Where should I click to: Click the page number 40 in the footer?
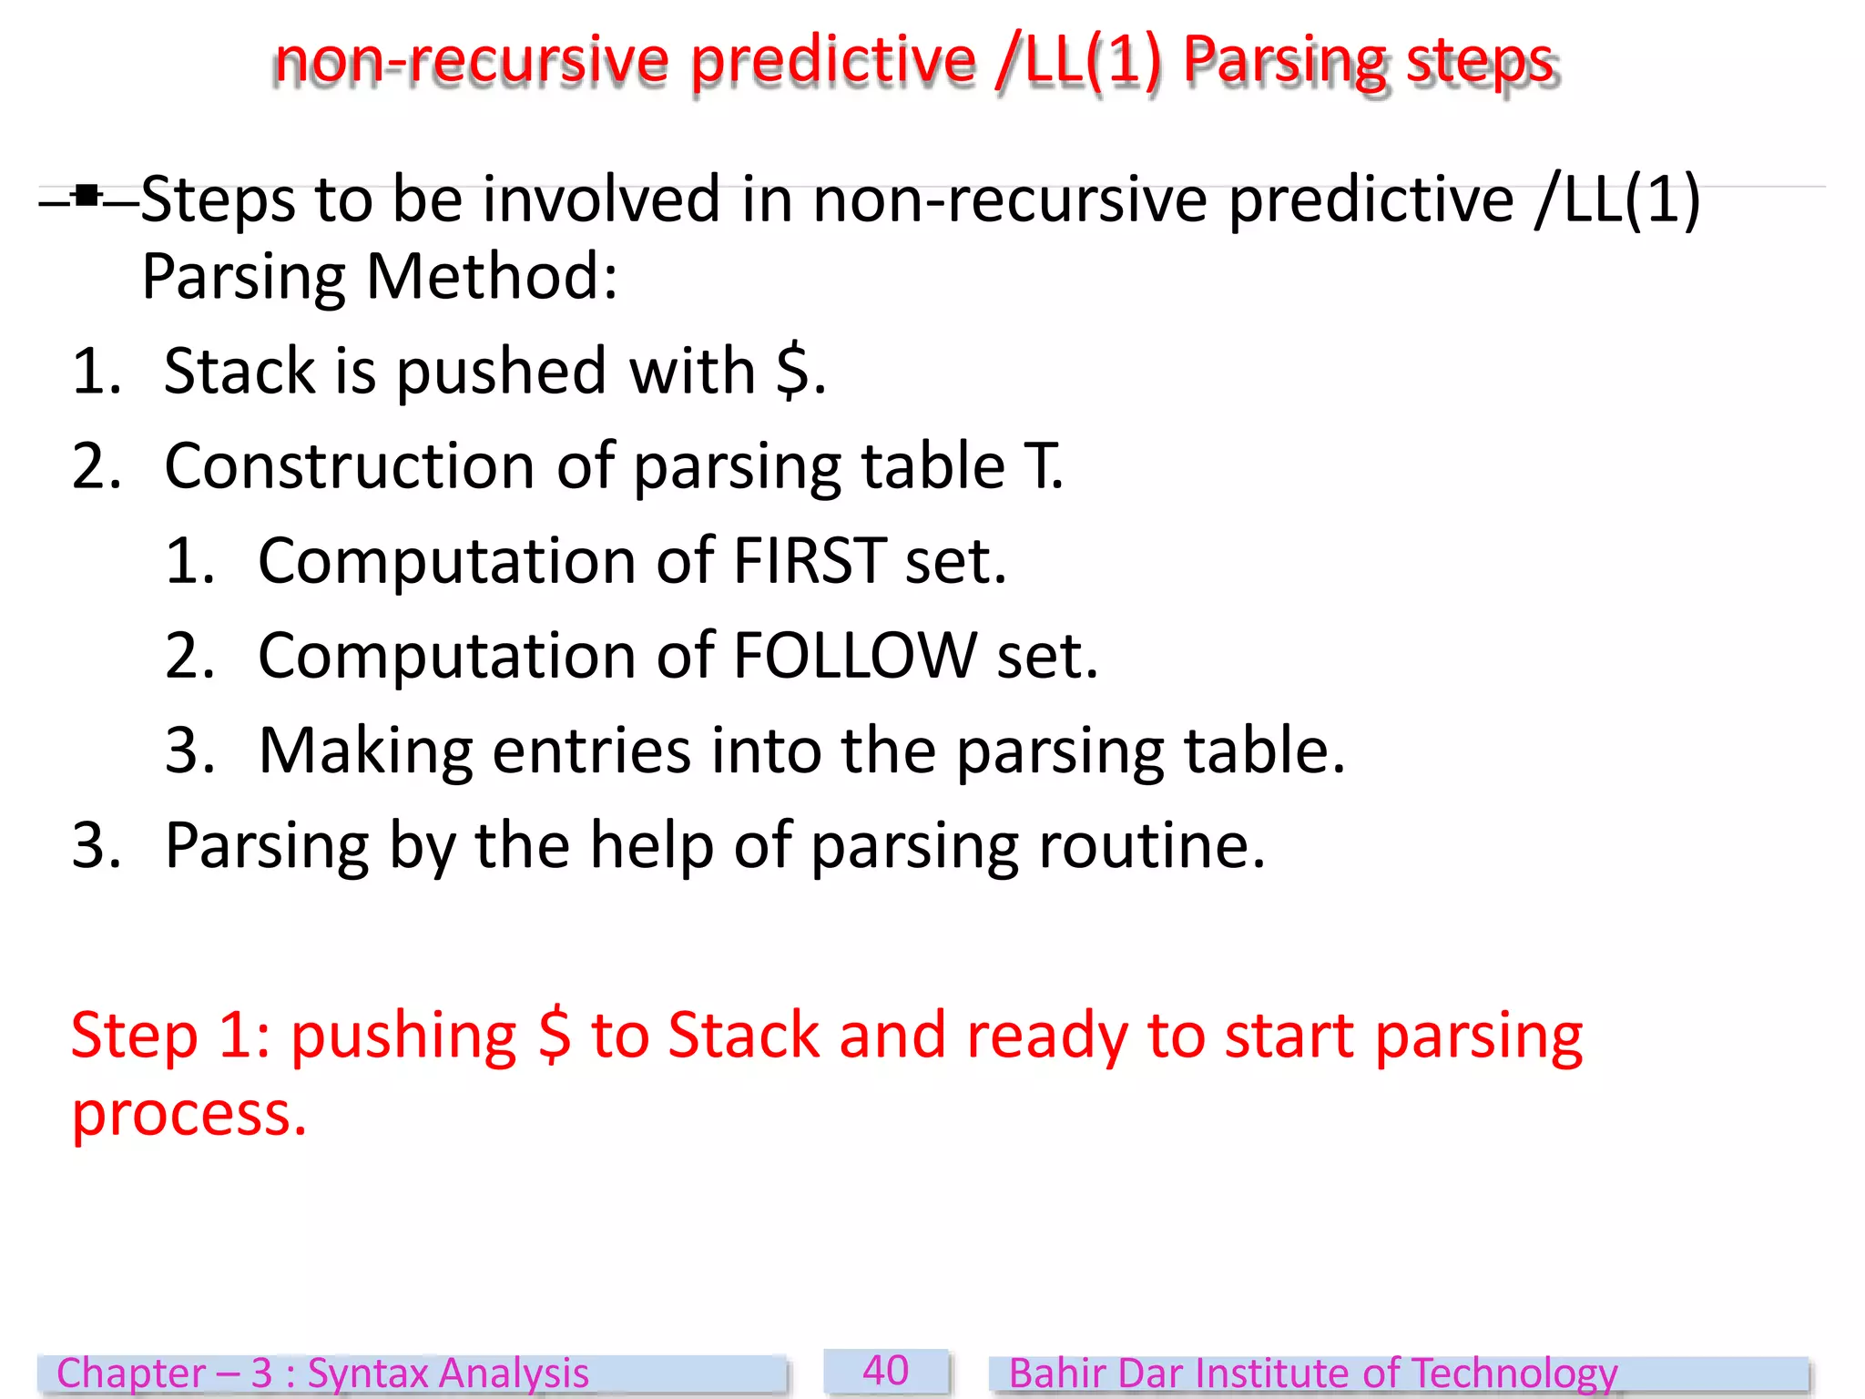pos(885,1371)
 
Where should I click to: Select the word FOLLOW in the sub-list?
pos(854,655)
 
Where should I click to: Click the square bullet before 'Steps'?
pos(87,196)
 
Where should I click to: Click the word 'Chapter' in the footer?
pos(132,1373)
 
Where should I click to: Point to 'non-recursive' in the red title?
pos(472,61)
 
